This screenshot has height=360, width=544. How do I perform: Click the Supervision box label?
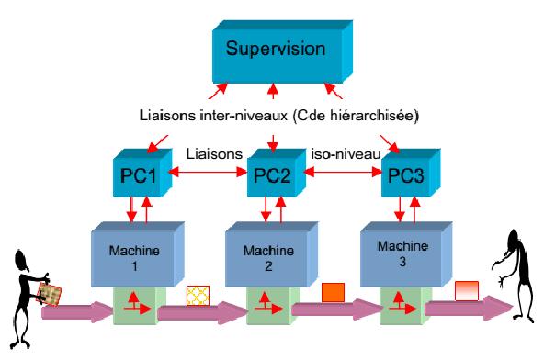(x=276, y=48)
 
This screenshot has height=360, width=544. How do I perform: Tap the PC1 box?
(x=142, y=173)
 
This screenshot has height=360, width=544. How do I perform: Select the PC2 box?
(x=277, y=173)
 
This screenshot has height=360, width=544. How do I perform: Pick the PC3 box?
(x=411, y=173)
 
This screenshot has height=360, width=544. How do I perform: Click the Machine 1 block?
(x=138, y=254)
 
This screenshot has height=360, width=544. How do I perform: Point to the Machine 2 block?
(x=272, y=254)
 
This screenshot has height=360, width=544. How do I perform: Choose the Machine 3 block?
(x=406, y=254)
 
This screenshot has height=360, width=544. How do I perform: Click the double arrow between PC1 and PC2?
(x=209, y=172)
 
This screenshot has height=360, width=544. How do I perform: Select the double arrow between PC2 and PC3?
(x=343, y=172)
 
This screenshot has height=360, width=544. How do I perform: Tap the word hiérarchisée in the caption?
(x=371, y=115)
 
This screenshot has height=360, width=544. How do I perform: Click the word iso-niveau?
(x=346, y=153)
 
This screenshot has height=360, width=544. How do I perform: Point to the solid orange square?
(x=333, y=292)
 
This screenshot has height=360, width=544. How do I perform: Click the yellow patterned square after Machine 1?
(x=198, y=296)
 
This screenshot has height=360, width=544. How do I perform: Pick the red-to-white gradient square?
(x=467, y=290)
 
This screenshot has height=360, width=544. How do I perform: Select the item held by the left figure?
(x=50, y=294)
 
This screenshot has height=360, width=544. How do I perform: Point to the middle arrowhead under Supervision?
(x=274, y=88)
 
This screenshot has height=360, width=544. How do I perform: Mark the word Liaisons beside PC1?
(x=214, y=153)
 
